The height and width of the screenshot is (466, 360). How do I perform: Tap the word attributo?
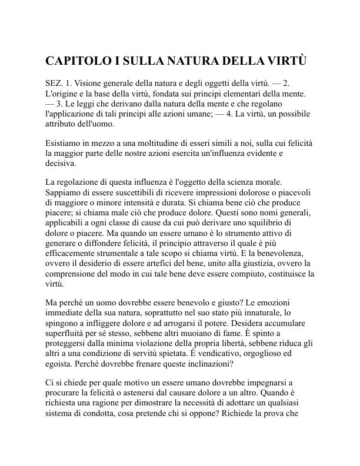coord(62,125)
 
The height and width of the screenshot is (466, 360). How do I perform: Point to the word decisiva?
coord(61,164)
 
